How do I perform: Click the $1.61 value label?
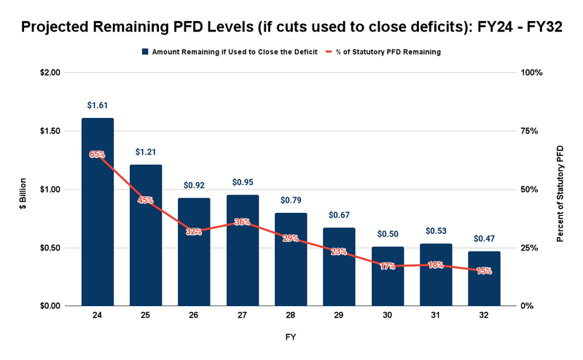click(98, 106)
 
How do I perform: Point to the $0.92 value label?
click(195, 186)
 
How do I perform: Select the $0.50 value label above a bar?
click(388, 235)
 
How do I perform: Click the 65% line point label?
click(98, 154)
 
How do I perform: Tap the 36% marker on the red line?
click(243, 222)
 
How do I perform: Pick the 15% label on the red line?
click(485, 270)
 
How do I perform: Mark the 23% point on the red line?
click(340, 251)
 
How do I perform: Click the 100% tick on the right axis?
click(531, 73)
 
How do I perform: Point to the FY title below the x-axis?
click(291, 337)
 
